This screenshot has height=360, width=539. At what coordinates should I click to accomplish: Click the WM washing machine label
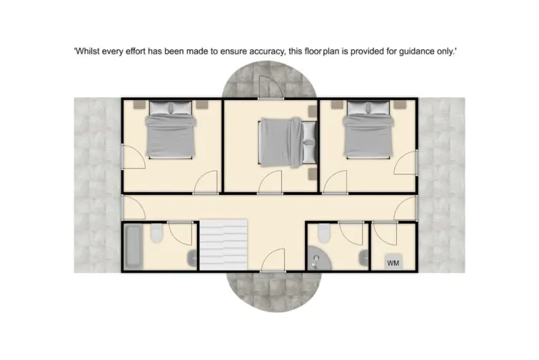coord(393,263)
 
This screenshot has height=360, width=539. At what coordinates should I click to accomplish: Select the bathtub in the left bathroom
coord(133,246)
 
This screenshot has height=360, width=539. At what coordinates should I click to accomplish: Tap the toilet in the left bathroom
coord(157,234)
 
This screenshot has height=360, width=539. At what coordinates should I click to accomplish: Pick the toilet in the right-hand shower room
coord(324,233)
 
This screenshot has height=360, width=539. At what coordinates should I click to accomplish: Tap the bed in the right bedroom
coord(368,130)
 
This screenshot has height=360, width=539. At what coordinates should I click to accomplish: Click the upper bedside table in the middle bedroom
coord(312,111)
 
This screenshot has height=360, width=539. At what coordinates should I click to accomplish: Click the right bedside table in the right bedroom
coord(399,104)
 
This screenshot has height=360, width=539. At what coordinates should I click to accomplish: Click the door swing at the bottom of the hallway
coord(272,261)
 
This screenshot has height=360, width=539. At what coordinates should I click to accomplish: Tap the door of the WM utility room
coord(384,233)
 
